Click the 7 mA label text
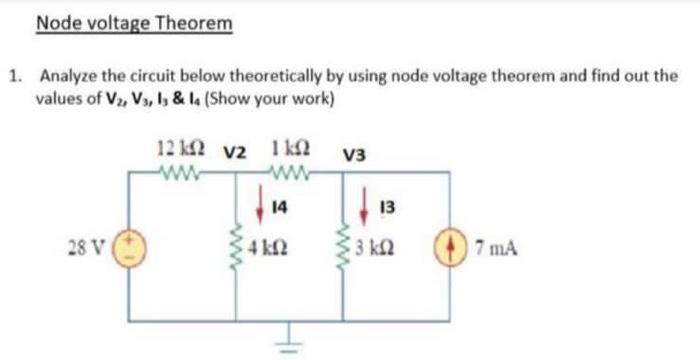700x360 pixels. (x=493, y=246)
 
